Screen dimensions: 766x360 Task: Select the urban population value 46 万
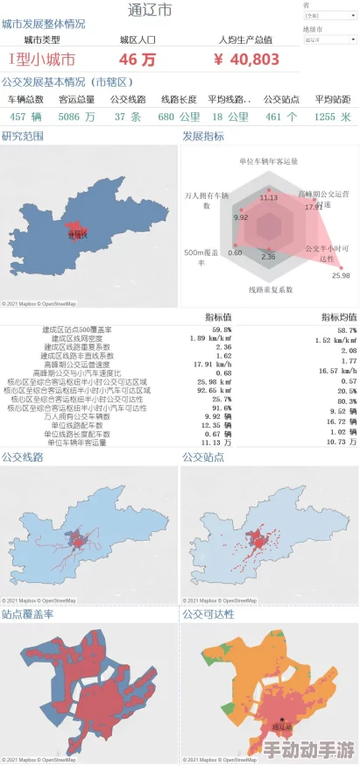(138, 60)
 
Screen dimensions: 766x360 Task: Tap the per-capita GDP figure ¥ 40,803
(246, 60)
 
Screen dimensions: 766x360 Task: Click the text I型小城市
(41, 60)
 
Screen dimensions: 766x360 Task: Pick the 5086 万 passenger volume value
(77, 117)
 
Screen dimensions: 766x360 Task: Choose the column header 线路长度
(178, 99)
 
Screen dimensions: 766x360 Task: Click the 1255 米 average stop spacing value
(332, 117)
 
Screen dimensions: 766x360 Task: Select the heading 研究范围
(23, 136)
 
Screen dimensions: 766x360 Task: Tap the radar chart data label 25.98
(341, 275)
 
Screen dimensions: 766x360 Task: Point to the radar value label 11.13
(269, 197)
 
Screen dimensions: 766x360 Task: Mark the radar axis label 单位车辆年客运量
(269, 161)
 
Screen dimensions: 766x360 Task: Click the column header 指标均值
(337, 316)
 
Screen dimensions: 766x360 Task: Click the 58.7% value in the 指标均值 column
(346, 330)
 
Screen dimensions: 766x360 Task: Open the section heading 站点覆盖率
(27, 614)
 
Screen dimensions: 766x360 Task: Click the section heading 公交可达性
(208, 614)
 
